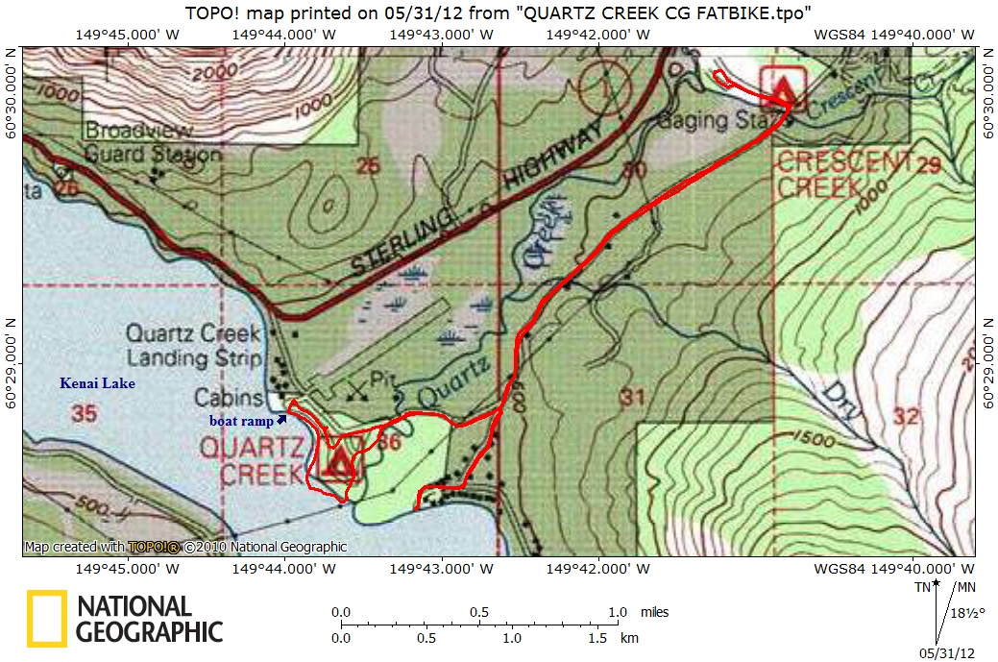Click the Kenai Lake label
(x=97, y=383)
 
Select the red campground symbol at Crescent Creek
(x=785, y=88)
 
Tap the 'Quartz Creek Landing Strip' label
(x=194, y=346)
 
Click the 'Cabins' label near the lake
(x=229, y=398)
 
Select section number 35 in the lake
(x=83, y=414)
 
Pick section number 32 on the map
(x=905, y=416)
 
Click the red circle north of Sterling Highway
(x=606, y=85)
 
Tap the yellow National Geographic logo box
(x=45, y=617)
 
